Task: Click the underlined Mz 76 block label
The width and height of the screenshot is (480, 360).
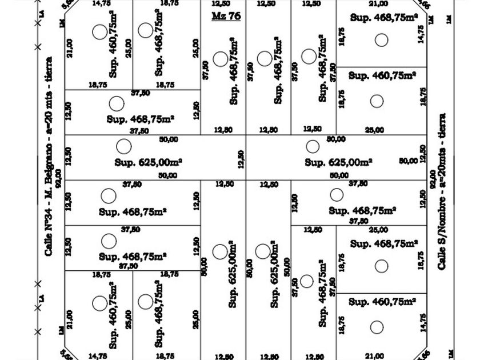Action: pyautogui.click(x=226, y=16)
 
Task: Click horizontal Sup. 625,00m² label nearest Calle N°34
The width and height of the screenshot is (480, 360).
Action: pyautogui.click(x=148, y=162)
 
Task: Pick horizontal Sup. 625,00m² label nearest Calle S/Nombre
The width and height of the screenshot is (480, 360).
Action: pyautogui.click(x=338, y=162)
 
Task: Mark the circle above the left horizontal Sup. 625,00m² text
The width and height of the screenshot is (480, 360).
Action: pyautogui.click(x=123, y=146)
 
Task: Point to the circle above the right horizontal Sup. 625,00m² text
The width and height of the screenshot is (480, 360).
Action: pyautogui.click(x=312, y=146)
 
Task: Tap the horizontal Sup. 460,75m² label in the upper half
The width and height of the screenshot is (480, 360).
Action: pyautogui.click(x=382, y=75)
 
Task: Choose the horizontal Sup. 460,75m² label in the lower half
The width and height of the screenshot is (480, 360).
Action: pyautogui.click(x=382, y=301)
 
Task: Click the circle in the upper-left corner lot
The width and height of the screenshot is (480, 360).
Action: pyautogui.click(x=99, y=31)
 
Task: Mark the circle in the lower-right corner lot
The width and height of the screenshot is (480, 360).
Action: pyautogui.click(x=377, y=327)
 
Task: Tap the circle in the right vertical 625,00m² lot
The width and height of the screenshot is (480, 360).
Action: pyautogui.click(x=262, y=251)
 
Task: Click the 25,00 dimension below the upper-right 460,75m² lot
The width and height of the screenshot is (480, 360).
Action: pyautogui.click(x=374, y=130)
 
